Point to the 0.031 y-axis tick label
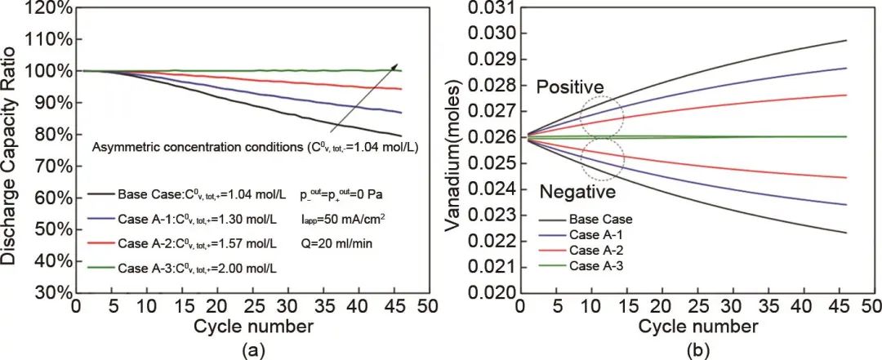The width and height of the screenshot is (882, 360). coord(492,8)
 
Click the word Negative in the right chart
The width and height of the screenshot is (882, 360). coord(577,193)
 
